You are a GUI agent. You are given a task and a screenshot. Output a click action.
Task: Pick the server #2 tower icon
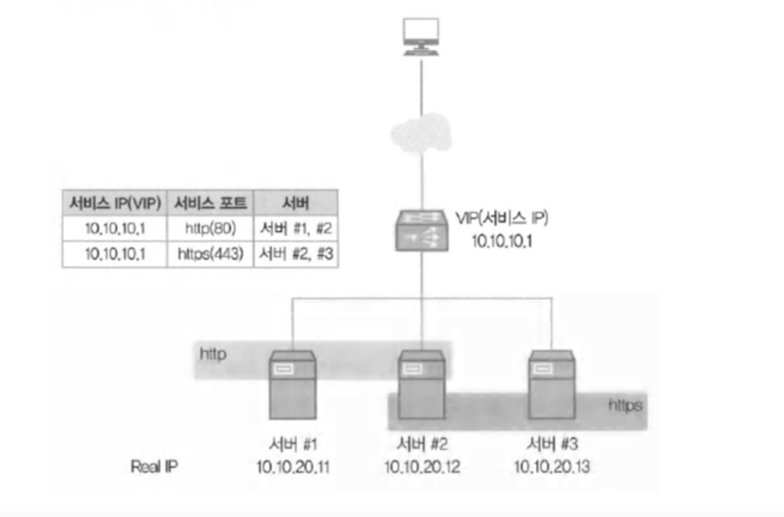pos(422,385)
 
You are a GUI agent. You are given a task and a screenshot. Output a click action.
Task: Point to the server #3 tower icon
pos(551,385)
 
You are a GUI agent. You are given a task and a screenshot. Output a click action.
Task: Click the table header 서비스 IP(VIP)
pos(114,203)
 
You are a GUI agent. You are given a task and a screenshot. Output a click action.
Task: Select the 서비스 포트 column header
pos(211,203)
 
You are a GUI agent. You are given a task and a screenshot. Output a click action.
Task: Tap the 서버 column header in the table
pos(296,203)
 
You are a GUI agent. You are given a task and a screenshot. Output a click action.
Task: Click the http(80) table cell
pos(211,229)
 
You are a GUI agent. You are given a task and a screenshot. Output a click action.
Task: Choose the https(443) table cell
pos(211,254)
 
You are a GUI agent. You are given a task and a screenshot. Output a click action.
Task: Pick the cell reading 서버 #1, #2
pos(296,229)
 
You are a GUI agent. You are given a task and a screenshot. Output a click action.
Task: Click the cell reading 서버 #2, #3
pos(296,254)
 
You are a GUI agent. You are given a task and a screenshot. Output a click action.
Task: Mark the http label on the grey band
pos(213,355)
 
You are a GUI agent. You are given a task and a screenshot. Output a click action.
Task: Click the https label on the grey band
pos(625,406)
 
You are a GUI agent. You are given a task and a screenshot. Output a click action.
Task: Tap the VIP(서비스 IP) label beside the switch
pos(502,218)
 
